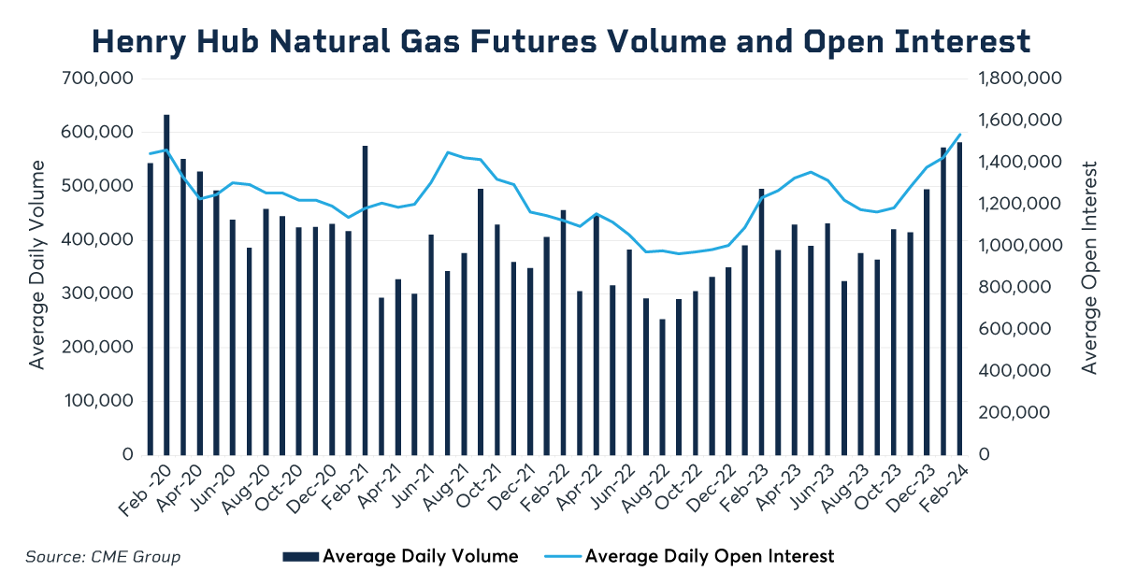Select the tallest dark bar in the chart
pyautogui.click(x=166, y=284)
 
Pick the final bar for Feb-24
pyautogui.click(x=959, y=298)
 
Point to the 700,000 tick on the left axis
pyautogui.click(x=97, y=79)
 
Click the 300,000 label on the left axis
pyautogui.click(x=97, y=293)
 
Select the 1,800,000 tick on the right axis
pyautogui.click(x=1018, y=79)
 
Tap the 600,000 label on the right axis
pyautogui.click(x=1013, y=329)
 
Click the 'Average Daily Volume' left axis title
pyautogui.click(x=37, y=264)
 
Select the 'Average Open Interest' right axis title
pyautogui.click(x=1089, y=267)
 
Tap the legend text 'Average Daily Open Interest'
pyautogui.click(x=710, y=557)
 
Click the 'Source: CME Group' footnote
pyautogui.click(x=103, y=557)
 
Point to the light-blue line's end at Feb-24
pyautogui.click(x=959, y=135)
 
